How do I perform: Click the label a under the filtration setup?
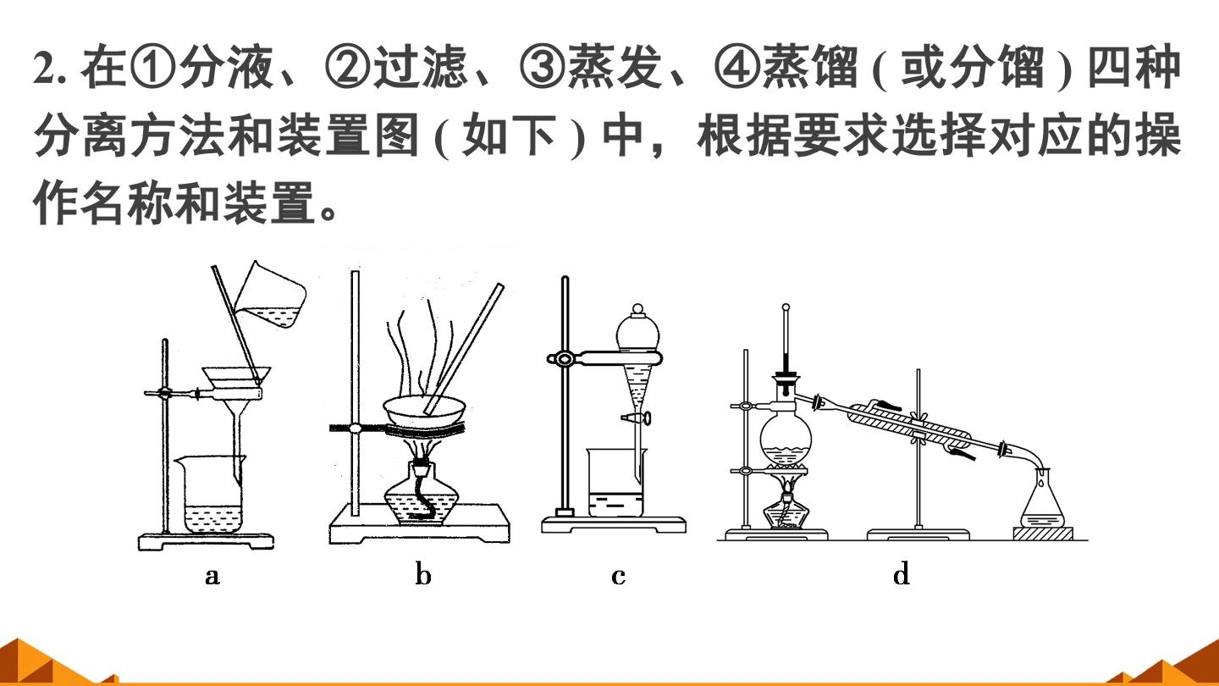[212, 576]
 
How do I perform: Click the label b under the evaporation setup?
[423, 574]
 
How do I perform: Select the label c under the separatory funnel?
[618, 576]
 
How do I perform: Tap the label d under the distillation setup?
[902, 574]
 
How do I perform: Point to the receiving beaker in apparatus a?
[212, 494]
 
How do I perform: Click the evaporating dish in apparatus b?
[424, 412]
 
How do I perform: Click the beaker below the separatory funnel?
[616, 483]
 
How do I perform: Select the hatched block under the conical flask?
[1042, 534]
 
